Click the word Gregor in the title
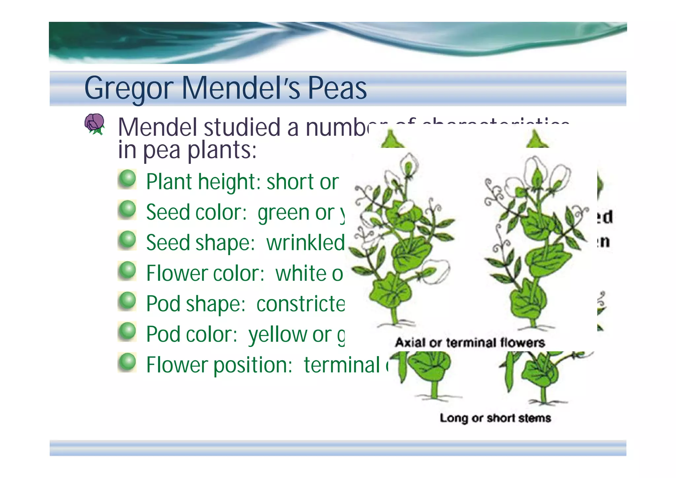click(x=129, y=89)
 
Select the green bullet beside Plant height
click(x=127, y=179)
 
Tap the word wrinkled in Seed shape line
click(x=305, y=242)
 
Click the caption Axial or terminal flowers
click(x=470, y=343)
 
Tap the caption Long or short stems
click(x=495, y=418)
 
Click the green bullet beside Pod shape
click(x=127, y=301)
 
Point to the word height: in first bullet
click(x=229, y=182)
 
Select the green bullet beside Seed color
click(x=127, y=210)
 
